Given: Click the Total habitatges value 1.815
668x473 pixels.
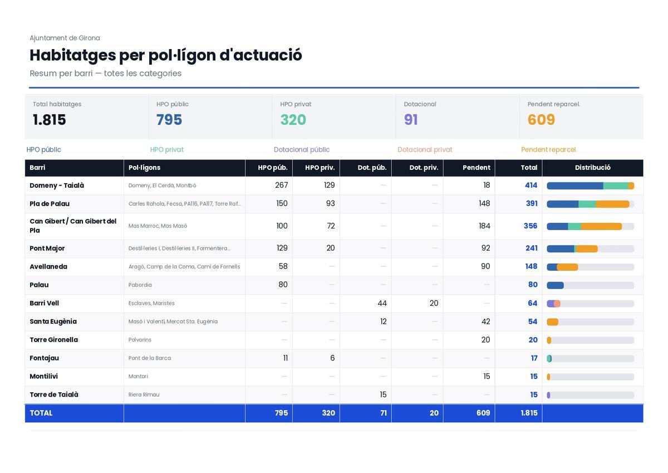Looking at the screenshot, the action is (x=49, y=120).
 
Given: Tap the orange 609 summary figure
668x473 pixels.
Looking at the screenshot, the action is (x=541, y=120).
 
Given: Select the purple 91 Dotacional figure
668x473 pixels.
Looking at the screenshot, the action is (x=411, y=120).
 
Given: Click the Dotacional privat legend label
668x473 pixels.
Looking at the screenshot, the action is (x=425, y=149).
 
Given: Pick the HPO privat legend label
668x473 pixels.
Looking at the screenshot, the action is (x=166, y=149).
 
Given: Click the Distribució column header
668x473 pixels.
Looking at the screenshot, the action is (x=592, y=167).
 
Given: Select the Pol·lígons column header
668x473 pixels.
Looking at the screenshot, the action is (x=144, y=168).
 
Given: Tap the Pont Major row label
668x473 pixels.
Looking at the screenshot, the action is (x=47, y=248).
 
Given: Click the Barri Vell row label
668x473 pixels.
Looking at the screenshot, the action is (x=44, y=303).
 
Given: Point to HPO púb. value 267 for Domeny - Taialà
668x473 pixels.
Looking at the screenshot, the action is (x=281, y=185).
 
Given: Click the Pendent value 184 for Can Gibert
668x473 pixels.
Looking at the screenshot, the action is (x=484, y=226).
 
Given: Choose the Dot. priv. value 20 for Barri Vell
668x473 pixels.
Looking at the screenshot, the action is (x=434, y=303).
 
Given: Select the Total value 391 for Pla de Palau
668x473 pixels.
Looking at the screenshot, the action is (x=532, y=203).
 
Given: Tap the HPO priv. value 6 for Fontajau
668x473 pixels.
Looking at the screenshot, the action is (x=332, y=358).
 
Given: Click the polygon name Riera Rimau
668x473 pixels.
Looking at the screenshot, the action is (x=144, y=394).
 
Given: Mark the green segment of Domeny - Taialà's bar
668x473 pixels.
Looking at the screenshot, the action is (x=616, y=186).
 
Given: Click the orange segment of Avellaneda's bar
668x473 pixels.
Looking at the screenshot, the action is (x=567, y=267).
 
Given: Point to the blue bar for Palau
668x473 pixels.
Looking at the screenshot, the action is (x=556, y=285).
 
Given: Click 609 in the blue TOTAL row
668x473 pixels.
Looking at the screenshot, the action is (x=483, y=413).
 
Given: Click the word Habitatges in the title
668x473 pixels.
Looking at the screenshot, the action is (x=73, y=56).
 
